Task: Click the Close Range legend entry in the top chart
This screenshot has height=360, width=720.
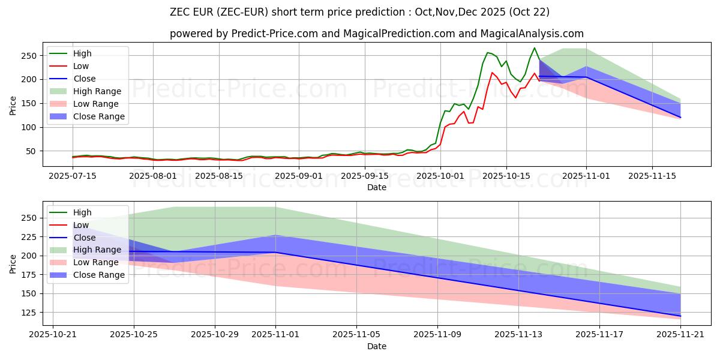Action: click(99, 116)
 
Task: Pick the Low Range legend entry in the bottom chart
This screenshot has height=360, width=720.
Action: click(96, 262)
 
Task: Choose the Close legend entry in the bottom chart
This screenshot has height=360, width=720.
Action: click(84, 238)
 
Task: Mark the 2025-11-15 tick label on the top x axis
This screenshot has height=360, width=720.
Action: click(652, 176)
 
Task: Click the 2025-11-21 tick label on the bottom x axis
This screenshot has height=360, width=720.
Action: click(680, 334)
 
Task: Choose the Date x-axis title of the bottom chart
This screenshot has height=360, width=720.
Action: click(376, 346)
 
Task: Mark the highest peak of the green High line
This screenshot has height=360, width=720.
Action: click(535, 48)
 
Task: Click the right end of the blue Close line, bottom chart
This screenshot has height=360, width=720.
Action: click(680, 316)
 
